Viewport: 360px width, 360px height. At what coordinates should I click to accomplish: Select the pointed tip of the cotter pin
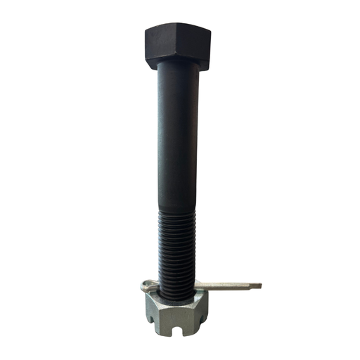pos(259,285)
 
